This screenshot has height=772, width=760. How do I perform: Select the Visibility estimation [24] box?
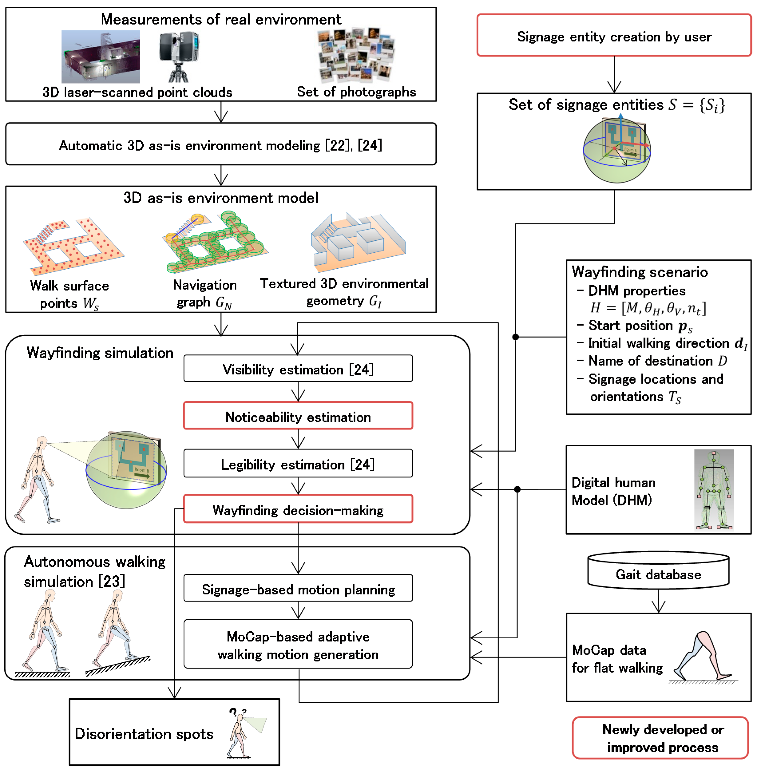[298, 368]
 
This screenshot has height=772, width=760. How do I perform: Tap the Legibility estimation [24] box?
[298, 463]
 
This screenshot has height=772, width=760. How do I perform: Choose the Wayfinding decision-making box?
[298, 509]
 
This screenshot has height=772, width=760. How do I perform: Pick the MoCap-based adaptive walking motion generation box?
[298, 643]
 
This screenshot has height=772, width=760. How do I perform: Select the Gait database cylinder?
[658, 570]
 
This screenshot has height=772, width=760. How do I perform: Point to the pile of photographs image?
[356, 55]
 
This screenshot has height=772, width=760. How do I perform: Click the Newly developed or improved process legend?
[660, 738]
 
